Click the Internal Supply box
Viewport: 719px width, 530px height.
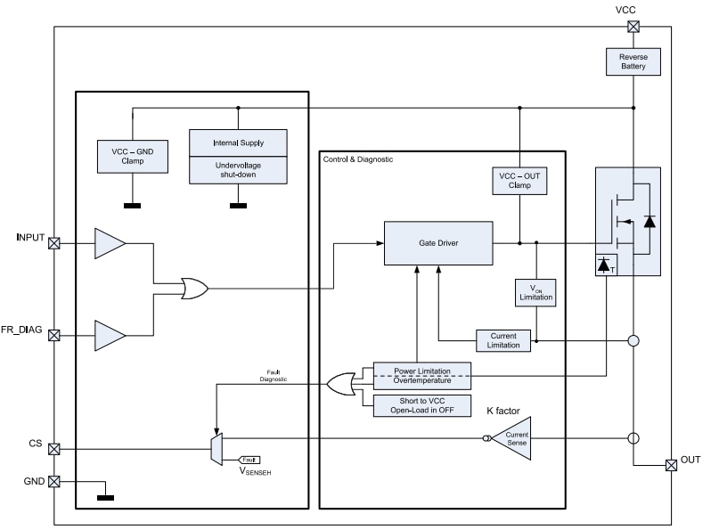pyautogui.click(x=238, y=143)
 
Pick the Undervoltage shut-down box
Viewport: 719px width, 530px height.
pyautogui.click(x=238, y=170)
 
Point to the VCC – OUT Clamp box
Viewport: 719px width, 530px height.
pyautogui.click(x=519, y=182)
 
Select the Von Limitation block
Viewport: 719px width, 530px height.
pyautogui.click(x=535, y=293)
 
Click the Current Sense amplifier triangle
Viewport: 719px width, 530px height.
pyautogui.click(x=514, y=437)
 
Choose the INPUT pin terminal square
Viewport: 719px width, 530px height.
pyautogui.click(x=53, y=242)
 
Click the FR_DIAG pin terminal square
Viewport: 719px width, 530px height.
pyautogui.click(x=53, y=336)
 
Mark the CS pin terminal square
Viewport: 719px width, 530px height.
pyautogui.click(x=53, y=449)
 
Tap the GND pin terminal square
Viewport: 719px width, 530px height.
pyautogui.click(x=53, y=481)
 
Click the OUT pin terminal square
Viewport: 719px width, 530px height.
pyautogui.click(x=670, y=465)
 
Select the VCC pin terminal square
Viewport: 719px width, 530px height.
pyautogui.click(x=633, y=27)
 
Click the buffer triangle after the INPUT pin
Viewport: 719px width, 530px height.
pyautogui.click(x=109, y=242)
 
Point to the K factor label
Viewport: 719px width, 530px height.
pyautogui.click(x=503, y=411)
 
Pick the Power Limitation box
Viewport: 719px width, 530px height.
pyautogui.click(x=421, y=369)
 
